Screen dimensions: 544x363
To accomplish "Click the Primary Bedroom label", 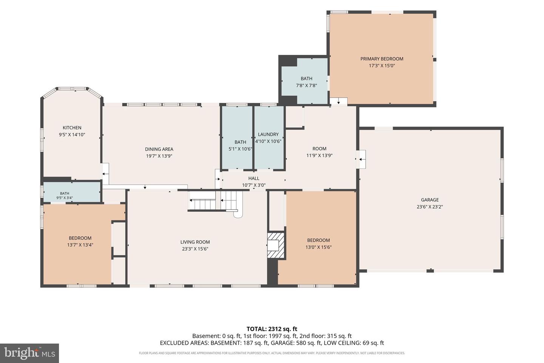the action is pos(382,59).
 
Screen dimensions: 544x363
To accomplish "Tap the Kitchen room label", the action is pos(72,128).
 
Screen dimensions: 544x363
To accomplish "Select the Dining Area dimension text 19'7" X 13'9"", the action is pos(159,156).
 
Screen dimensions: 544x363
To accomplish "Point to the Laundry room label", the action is pos(268,134).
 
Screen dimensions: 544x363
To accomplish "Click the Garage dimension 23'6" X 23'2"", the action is pos(430,207).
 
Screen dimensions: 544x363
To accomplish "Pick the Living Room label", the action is pos(195,242).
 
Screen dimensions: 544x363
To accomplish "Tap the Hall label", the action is pos(254,178).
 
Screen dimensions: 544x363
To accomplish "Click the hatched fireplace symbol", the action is pos(276,245).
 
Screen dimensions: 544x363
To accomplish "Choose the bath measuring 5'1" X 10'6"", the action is pos(237,138).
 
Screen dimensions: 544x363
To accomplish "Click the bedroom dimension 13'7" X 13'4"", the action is pos(80,245).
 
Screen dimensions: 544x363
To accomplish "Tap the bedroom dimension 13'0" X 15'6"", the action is pos(318,247).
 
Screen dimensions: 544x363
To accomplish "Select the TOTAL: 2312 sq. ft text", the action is pos(272,329).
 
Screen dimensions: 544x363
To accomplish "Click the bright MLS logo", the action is pos(29,353).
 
